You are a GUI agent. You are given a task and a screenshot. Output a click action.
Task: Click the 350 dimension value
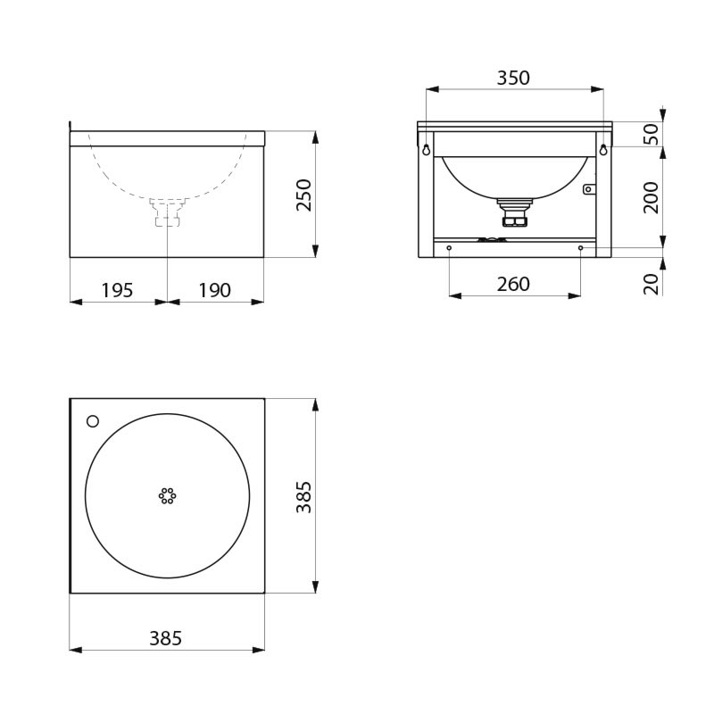click(513, 78)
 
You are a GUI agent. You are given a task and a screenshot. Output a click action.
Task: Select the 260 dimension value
click(513, 284)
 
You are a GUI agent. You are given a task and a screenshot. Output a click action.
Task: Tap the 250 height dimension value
click(303, 195)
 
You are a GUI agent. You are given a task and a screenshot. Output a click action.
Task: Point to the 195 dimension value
click(117, 290)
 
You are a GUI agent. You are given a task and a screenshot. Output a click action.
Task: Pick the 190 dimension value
click(214, 290)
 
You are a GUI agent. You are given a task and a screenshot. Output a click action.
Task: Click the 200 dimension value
click(651, 196)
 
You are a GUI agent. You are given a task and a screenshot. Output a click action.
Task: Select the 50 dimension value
click(651, 134)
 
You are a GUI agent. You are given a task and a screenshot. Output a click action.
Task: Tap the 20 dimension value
click(651, 283)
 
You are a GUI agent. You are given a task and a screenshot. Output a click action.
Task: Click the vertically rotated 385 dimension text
click(303, 496)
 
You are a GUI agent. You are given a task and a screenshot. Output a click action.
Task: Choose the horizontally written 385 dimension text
click(165, 638)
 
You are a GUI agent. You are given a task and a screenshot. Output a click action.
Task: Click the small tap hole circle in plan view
click(92, 420)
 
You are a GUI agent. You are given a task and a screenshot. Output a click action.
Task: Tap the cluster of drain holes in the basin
click(167, 495)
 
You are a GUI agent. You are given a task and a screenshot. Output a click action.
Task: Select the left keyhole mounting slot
click(427, 149)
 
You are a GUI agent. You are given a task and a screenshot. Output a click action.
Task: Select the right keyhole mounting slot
click(603, 149)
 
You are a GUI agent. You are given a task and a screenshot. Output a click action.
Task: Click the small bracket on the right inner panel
click(588, 188)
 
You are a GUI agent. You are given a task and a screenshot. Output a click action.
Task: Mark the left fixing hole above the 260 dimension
click(449, 247)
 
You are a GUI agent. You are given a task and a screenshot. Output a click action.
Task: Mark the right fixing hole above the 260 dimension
click(580, 247)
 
